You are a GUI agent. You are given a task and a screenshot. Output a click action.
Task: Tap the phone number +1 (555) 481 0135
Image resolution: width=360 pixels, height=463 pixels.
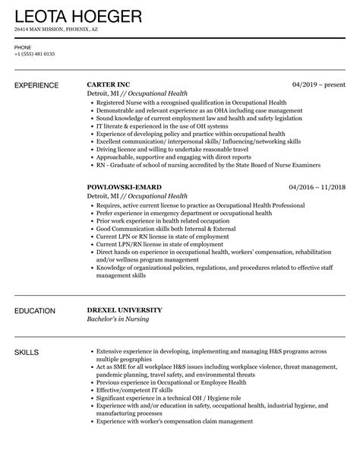[34, 54]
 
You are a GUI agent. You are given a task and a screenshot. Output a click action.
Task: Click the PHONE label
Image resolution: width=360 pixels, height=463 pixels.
[23, 46]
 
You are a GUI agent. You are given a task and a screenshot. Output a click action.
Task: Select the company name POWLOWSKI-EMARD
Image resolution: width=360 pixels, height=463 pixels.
[125, 186]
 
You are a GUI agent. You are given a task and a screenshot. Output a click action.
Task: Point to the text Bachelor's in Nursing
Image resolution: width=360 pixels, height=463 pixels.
[118, 319]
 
